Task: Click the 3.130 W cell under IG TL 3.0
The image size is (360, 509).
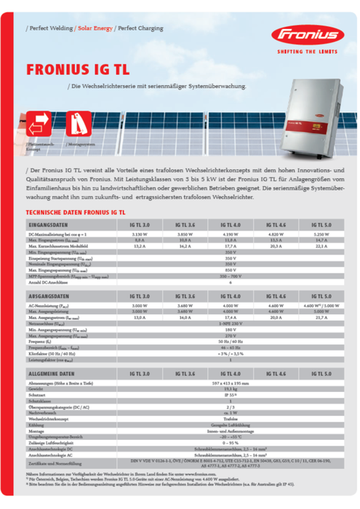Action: click(x=140, y=236)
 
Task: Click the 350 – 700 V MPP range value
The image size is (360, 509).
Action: click(x=231, y=276)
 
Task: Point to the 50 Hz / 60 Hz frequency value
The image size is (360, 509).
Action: click(x=231, y=341)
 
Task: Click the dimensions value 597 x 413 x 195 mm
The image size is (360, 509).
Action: click(x=231, y=382)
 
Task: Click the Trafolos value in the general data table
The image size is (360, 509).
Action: click(x=231, y=420)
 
